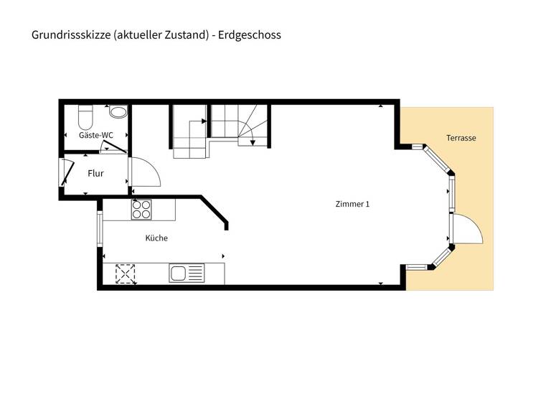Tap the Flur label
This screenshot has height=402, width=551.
[95, 173]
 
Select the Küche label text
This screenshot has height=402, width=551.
[156, 238]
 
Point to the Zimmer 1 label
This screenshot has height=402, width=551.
[352, 204]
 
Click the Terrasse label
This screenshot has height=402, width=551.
[461, 138]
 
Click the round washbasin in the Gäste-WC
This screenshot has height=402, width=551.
[118, 112]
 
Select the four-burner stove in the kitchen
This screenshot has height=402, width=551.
[141, 208]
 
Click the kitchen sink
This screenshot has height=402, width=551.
[186, 273]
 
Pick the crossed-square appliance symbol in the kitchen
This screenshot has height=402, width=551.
[126, 274]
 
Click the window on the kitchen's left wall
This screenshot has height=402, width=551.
[100, 229]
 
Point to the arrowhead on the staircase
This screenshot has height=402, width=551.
[253, 143]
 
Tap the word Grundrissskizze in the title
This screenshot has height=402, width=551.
[70, 34]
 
